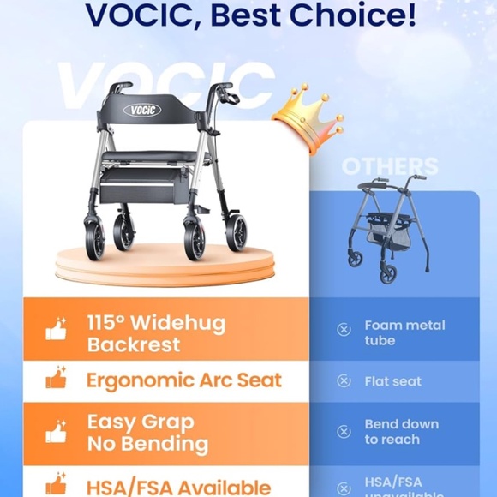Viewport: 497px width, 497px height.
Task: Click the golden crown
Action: pos(307,118)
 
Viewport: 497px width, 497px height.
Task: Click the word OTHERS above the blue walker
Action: pos(390,166)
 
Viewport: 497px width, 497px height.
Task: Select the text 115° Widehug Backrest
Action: pos(156,334)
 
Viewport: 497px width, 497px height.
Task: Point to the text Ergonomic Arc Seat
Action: pos(183,380)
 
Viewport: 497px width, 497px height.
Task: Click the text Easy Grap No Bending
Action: pos(147,433)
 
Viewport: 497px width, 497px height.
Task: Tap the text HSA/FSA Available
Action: pos(178,485)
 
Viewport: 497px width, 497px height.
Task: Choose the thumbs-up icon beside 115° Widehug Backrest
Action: pos(57,330)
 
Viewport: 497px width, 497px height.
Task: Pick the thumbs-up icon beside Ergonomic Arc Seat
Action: pos(57,378)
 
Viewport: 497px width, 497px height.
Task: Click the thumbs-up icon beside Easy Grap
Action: pos(57,431)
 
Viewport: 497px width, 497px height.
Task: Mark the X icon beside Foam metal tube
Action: pos(344,330)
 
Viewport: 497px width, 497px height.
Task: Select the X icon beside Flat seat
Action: pos(344,381)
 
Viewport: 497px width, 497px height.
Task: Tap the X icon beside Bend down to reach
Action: pos(344,432)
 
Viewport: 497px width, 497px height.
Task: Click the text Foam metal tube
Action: pos(404,332)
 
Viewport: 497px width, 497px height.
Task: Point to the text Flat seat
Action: pos(392,381)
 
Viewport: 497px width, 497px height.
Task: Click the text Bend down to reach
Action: pos(401,432)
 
